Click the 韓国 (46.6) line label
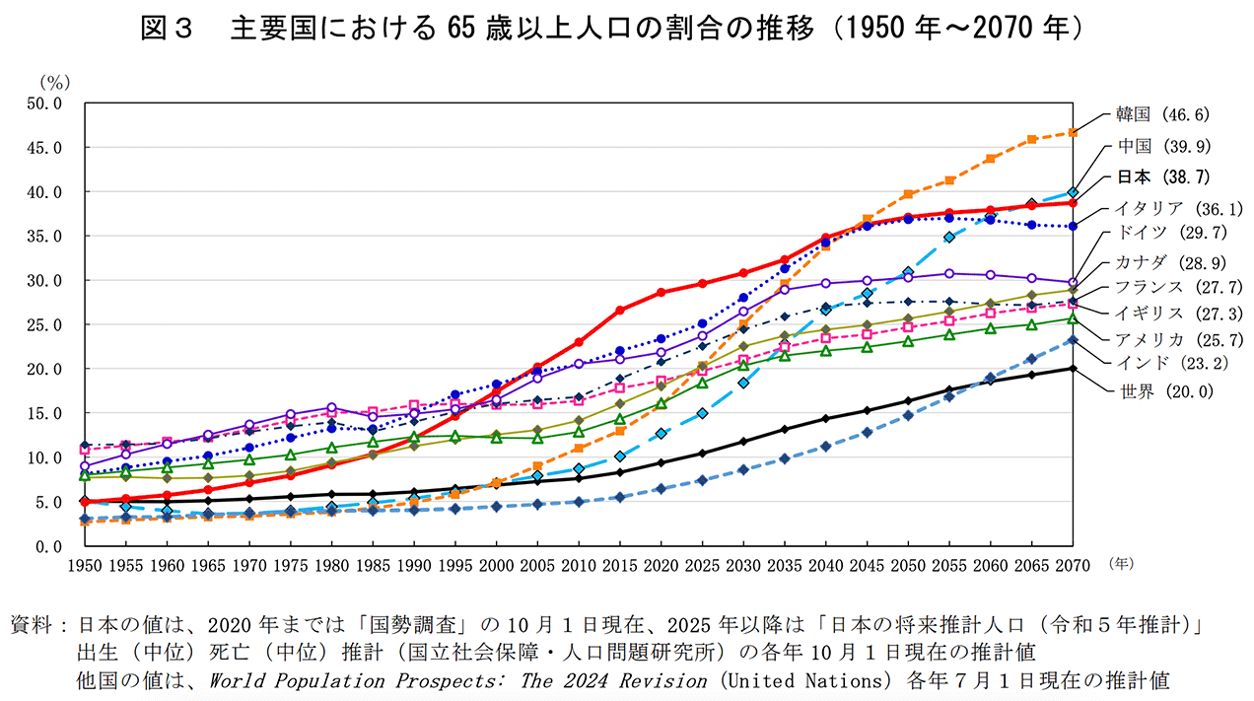tap(1161, 113)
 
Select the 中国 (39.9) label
tap(1161, 146)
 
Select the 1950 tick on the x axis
tap(85, 566)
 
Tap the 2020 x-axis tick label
tap(661, 566)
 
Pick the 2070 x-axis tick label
tap(1073, 566)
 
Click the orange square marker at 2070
tap(1073, 132)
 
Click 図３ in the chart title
tap(166, 29)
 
